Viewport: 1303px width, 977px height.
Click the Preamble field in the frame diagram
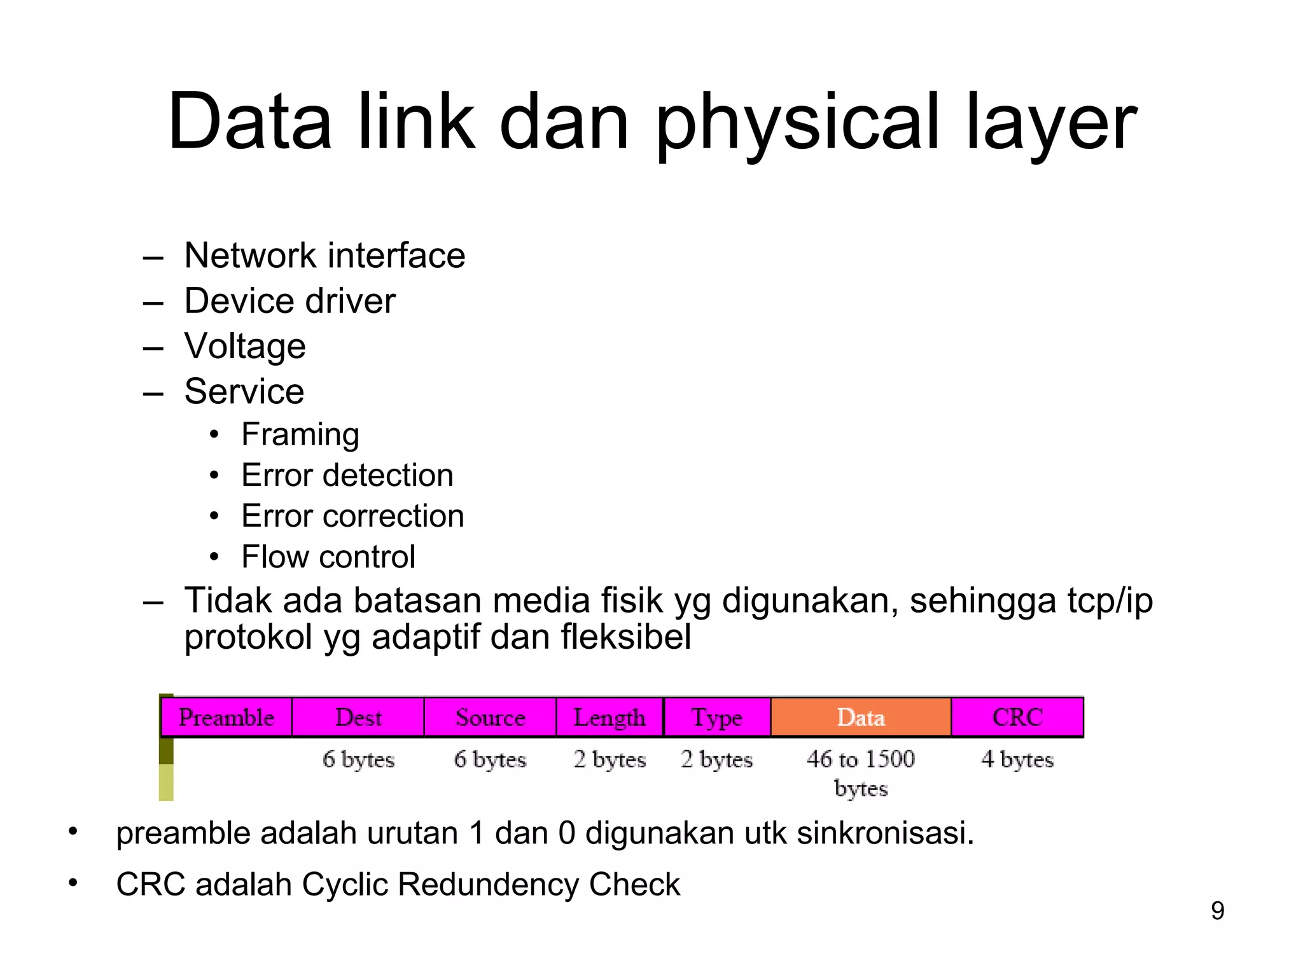tap(226, 717)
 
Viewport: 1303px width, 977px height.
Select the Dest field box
tap(358, 717)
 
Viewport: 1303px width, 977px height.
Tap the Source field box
tap(490, 717)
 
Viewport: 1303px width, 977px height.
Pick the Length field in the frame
tap(610, 717)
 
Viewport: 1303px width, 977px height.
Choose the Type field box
tap(717, 717)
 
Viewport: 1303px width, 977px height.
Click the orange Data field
tap(861, 717)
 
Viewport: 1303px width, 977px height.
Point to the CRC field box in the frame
tap(1017, 717)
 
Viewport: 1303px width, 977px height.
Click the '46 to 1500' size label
tap(861, 759)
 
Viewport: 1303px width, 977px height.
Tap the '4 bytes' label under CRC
tap(1017, 759)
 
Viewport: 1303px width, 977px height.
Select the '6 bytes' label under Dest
tap(358, 759)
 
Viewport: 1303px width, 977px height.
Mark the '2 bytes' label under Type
tap(717, 759)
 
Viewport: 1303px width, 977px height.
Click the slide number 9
tap(1217, 911)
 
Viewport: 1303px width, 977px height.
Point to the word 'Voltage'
tap(245, 347)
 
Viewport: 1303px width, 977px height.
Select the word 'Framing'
tap(300, 436)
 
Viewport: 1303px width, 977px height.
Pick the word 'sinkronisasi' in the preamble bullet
tap(884, 833)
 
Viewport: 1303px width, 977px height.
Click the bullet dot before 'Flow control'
tap(214, 557)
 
